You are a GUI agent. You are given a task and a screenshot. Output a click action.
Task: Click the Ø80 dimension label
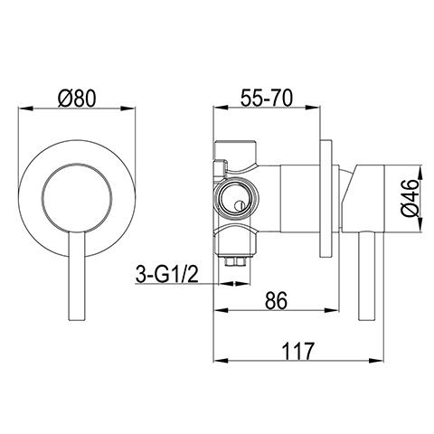click(x=77, y=94)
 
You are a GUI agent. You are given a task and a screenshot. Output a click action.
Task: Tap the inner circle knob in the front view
click(x=77, y=193)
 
